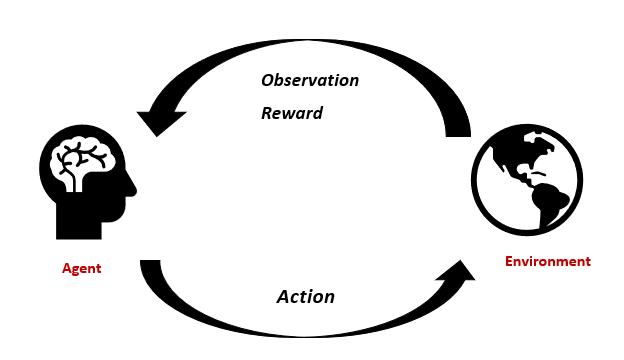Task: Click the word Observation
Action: [x=310, y=80]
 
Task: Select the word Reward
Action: [x=292, y=113]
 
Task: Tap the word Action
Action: [x=305, y=297]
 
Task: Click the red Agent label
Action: [x=82, y=269]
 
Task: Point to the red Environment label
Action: [x=547, y=262]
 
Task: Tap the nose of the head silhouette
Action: [x=131, y=187]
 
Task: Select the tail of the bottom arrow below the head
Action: [x=151, y=269]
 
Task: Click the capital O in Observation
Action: [x=268, y=80]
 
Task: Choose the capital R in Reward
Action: [x=267, y=113]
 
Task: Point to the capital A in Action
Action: [x=284, y=297]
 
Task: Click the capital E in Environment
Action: [x=508, y=262]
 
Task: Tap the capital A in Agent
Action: [x=66, y=269]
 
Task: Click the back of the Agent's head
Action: [x=48, y=170]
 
